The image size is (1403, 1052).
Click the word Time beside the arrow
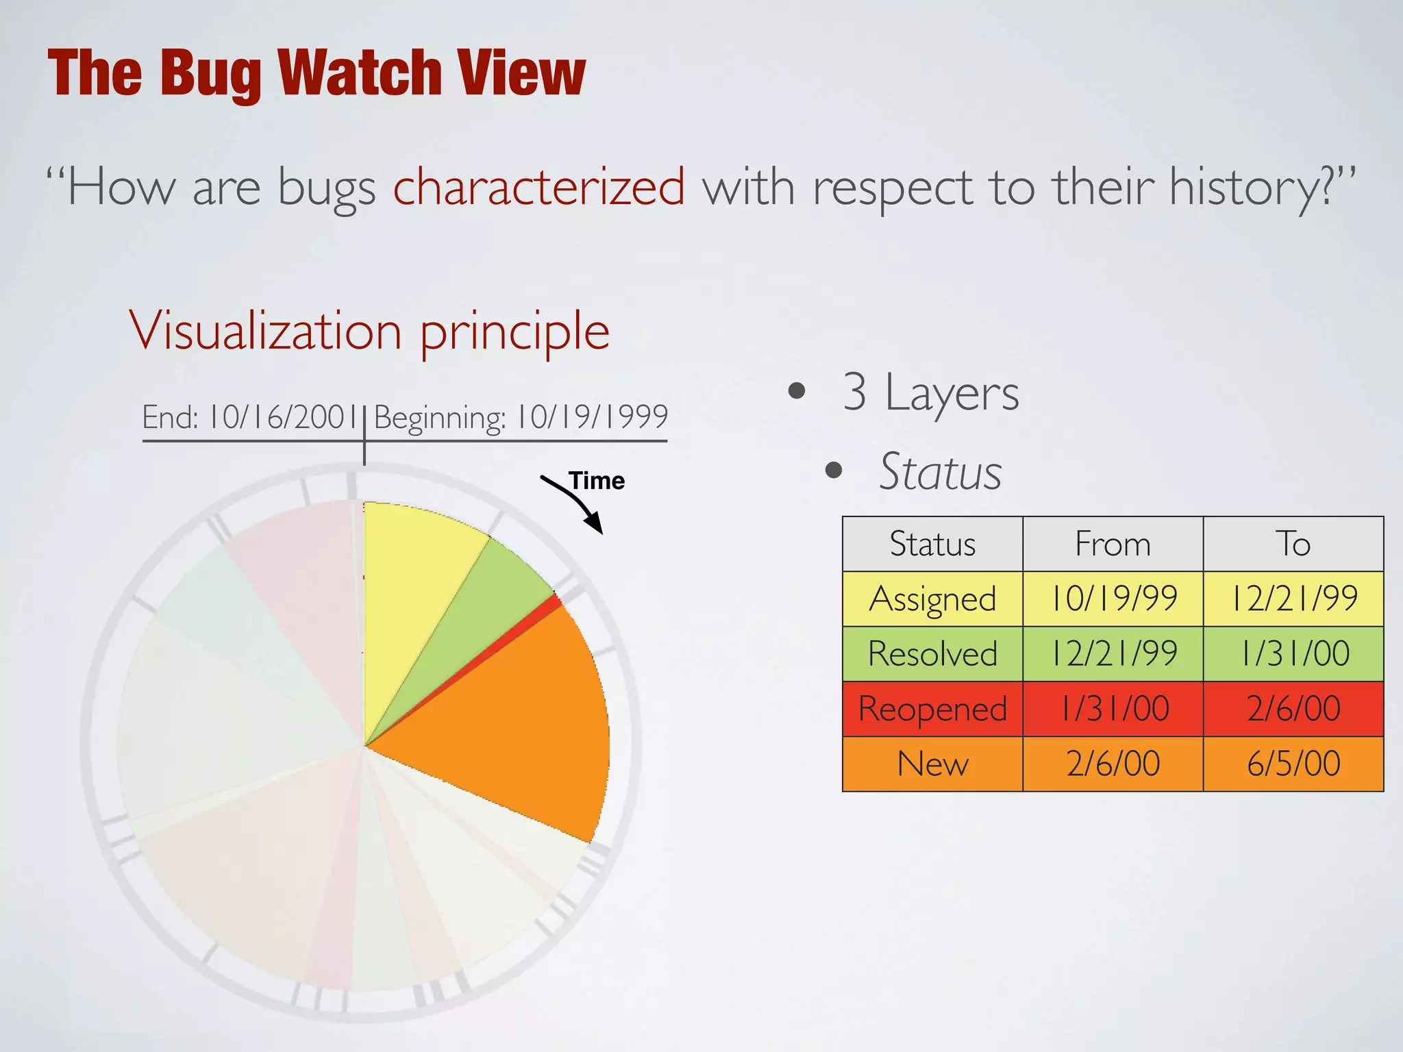[597, 481]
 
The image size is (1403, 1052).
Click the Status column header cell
[932, 544]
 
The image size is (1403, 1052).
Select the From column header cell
[1113, 544]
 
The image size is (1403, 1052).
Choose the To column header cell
[1293, 544]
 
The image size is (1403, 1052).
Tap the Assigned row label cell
[932, 599]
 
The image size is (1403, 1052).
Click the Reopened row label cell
[932, 709]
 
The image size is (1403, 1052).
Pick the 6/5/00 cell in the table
[1293, 764]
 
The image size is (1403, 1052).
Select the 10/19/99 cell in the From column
[1113, 599]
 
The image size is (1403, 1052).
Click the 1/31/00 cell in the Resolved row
[1293, 654]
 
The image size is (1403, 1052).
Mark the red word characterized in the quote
[539, 186]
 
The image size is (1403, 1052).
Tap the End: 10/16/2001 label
[250, 417]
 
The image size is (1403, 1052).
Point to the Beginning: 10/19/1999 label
[521, 417]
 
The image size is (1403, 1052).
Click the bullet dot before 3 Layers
[797, 391]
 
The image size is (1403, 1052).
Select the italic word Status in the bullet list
[940, 472]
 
